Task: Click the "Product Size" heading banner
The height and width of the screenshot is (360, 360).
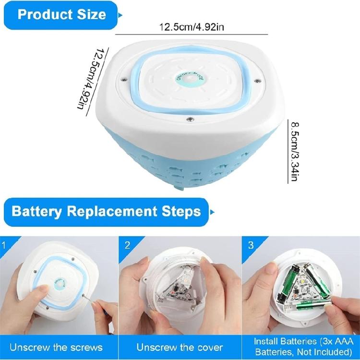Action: tap(61, 14)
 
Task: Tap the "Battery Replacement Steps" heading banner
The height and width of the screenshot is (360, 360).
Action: tap(106, 211)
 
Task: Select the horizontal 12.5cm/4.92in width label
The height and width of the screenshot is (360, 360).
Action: tap(192, 27)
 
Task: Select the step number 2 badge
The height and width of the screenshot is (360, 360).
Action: tap(127, 245)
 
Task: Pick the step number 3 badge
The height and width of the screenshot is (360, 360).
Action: tap(251, 245)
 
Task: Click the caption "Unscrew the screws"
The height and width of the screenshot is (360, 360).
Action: tap(56, 347)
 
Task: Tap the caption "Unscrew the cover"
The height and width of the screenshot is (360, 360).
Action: tap(179, 347)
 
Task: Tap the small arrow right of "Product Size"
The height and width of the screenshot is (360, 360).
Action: tap(120, 15)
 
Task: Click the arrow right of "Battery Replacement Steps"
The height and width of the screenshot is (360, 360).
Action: tap(213, 211)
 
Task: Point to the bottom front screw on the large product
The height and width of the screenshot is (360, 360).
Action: tap(191, 118)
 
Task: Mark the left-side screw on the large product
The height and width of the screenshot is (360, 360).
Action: tap(124, 78)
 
